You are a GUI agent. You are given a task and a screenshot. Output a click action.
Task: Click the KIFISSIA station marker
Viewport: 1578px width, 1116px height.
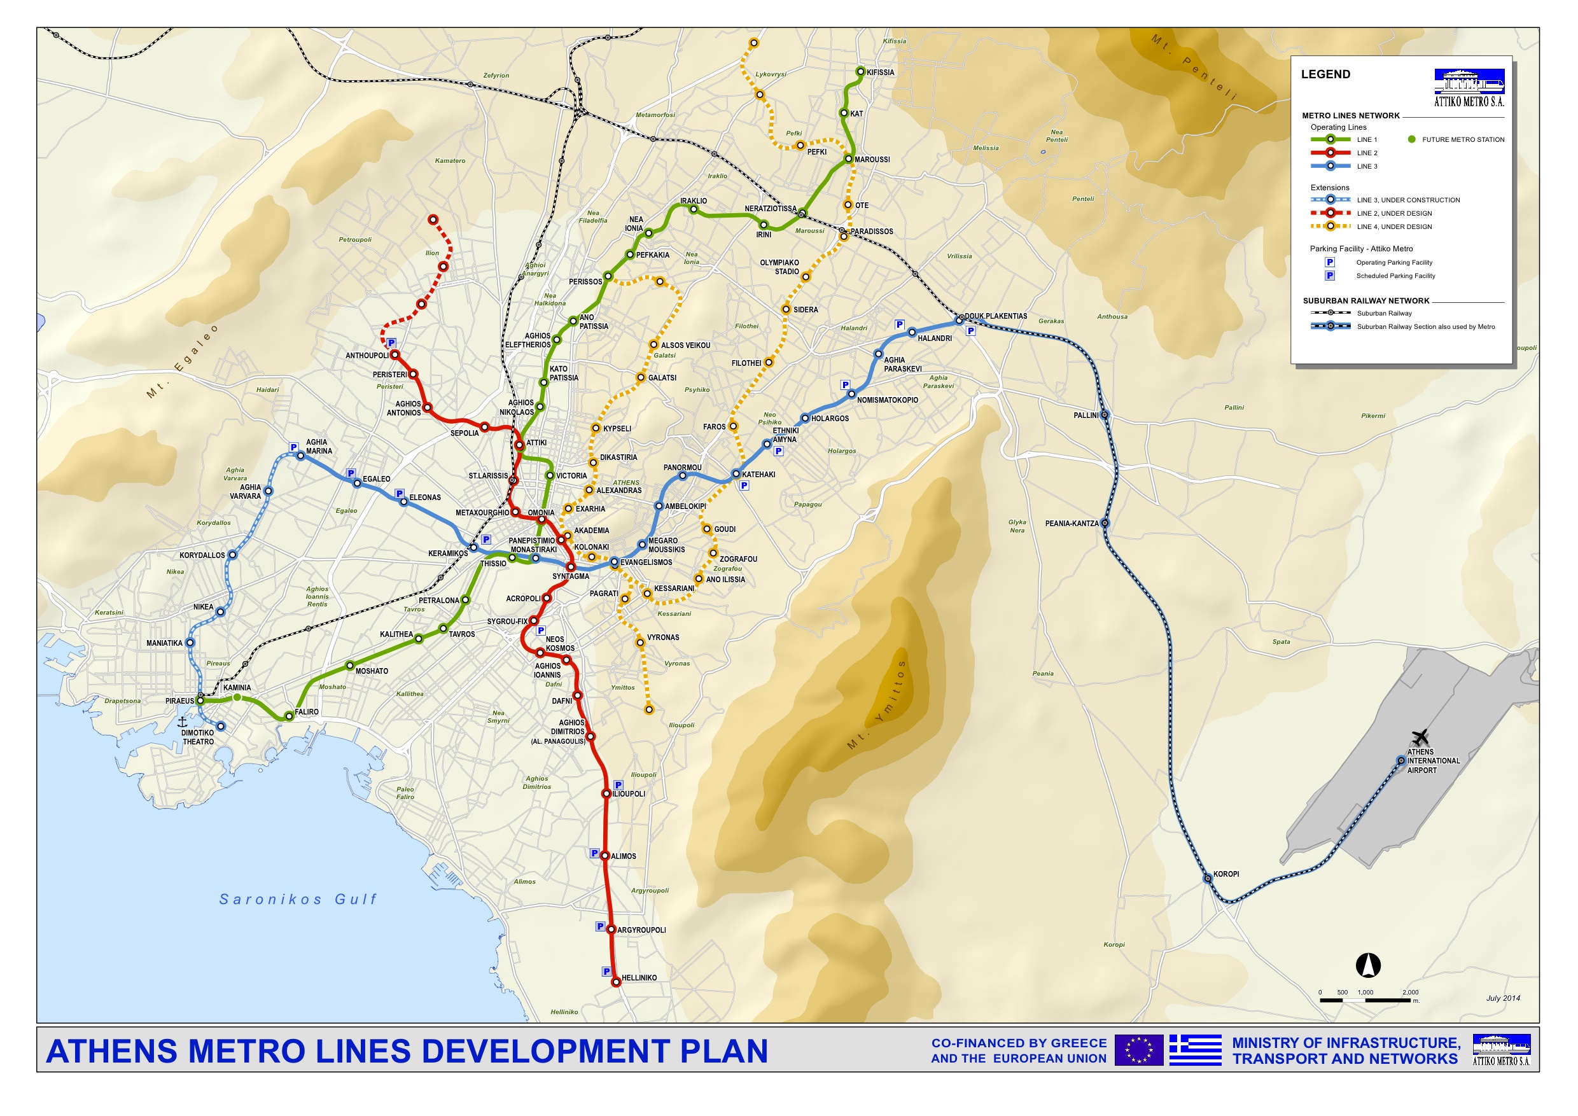(860, 71)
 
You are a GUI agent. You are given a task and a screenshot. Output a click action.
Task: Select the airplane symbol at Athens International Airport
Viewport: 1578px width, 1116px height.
(1420, 737)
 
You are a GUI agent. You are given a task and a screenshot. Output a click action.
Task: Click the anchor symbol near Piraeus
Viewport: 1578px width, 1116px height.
(182, 722)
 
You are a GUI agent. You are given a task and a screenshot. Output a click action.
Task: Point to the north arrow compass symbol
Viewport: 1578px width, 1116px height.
(1367, 965)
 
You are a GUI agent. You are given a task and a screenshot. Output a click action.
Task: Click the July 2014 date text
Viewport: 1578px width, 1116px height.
(1502, 998)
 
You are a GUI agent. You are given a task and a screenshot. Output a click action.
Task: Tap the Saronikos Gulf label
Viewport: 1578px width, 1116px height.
(298, 899)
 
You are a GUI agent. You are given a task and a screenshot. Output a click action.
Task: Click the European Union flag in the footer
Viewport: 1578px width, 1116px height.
(1138, 1050)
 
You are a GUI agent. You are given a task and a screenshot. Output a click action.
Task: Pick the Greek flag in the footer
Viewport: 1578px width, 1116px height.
(1194, 1050)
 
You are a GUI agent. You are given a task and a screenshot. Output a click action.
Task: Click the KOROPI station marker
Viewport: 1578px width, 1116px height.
(1207, 878)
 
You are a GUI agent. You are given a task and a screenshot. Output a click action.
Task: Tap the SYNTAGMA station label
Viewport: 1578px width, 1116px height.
(571, 576)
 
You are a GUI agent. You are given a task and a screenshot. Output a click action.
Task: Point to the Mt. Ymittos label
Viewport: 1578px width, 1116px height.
(877, 704)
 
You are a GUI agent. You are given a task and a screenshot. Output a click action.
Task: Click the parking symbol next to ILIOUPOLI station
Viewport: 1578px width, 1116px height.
(618, 785)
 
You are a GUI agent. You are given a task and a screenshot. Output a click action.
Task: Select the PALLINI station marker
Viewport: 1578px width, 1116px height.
(1105, 415)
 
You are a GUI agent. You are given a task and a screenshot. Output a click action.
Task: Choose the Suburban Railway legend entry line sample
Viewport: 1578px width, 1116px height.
(1330, 312)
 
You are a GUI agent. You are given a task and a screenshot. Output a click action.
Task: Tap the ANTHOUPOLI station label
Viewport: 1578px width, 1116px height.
(367, 355)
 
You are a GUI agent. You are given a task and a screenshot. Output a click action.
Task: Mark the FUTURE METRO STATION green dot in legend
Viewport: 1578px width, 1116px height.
(1412, 139)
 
